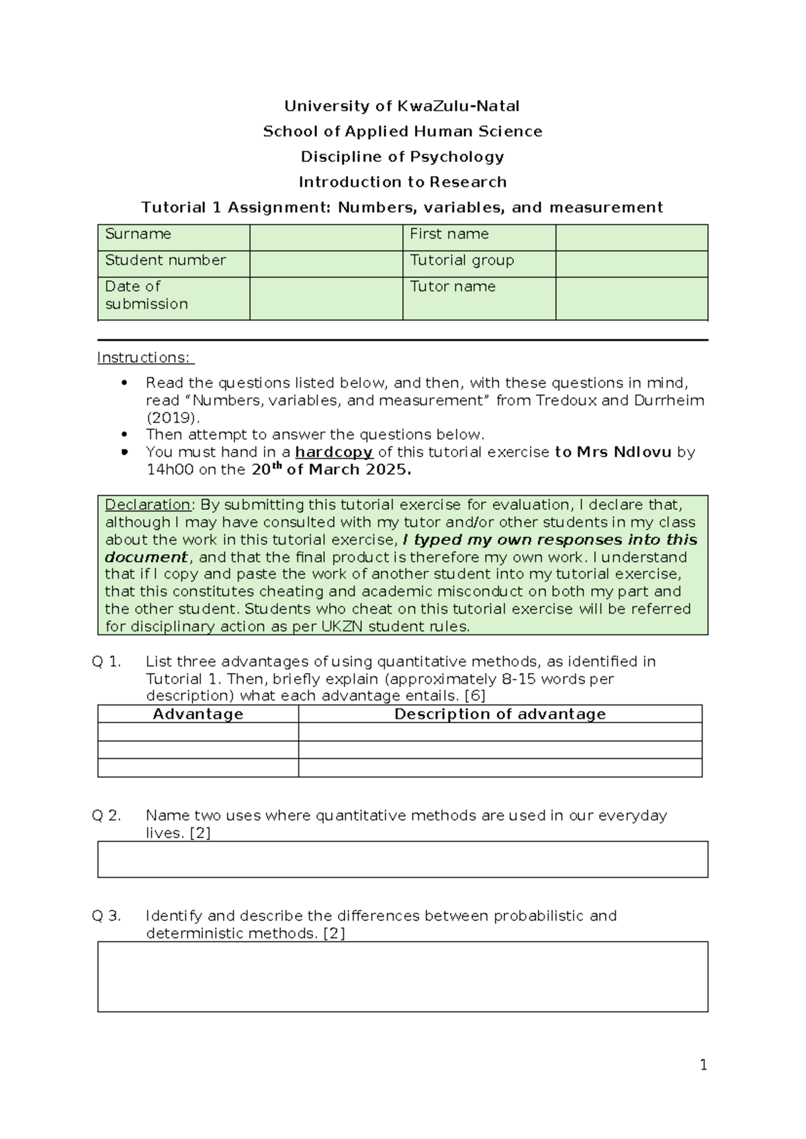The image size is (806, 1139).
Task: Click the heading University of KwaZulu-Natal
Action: (402, 106)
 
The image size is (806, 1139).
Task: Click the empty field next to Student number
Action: (326, 263)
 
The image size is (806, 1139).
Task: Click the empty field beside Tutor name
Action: (631, 298)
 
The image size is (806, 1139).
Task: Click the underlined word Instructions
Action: (145, 357)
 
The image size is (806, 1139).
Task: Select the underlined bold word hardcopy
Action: (334, 452)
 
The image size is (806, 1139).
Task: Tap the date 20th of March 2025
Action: (330, 469)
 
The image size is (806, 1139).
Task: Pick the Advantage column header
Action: (197, 714)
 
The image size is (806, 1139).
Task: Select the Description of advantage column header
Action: (500, 714)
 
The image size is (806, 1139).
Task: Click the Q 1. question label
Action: (106, 662)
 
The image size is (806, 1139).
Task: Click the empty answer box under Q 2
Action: (402, 859)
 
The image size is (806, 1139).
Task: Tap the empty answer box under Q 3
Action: (402, 976)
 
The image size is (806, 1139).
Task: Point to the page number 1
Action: (703, 1064)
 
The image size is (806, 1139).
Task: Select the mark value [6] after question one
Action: (475, 696)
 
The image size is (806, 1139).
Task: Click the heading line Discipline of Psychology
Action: (402, 156)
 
